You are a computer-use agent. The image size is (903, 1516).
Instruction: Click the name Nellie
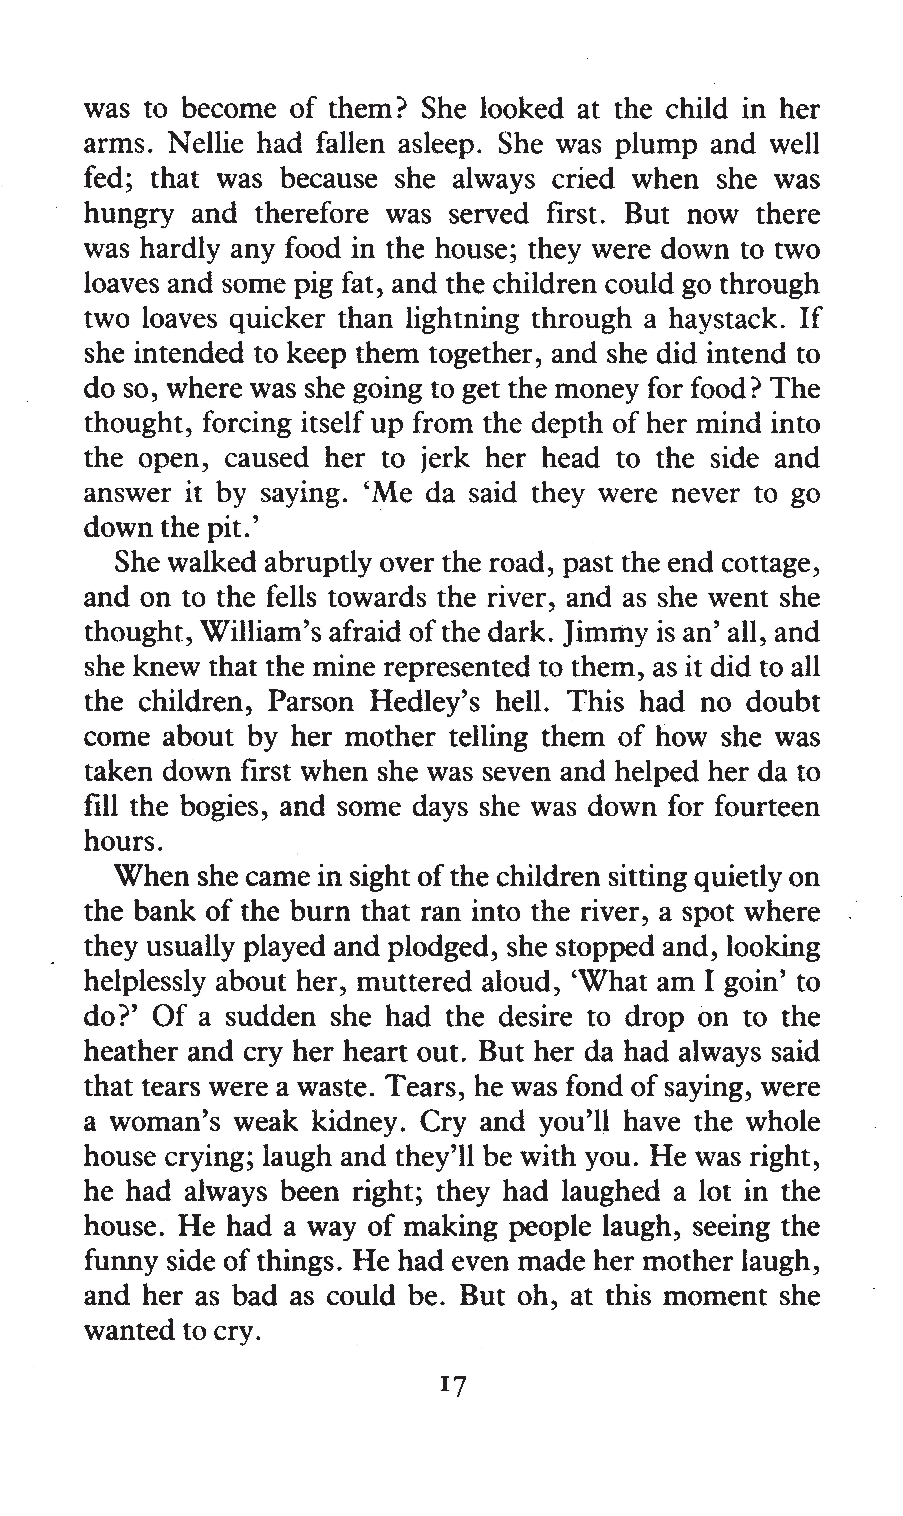pos(204,145)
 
